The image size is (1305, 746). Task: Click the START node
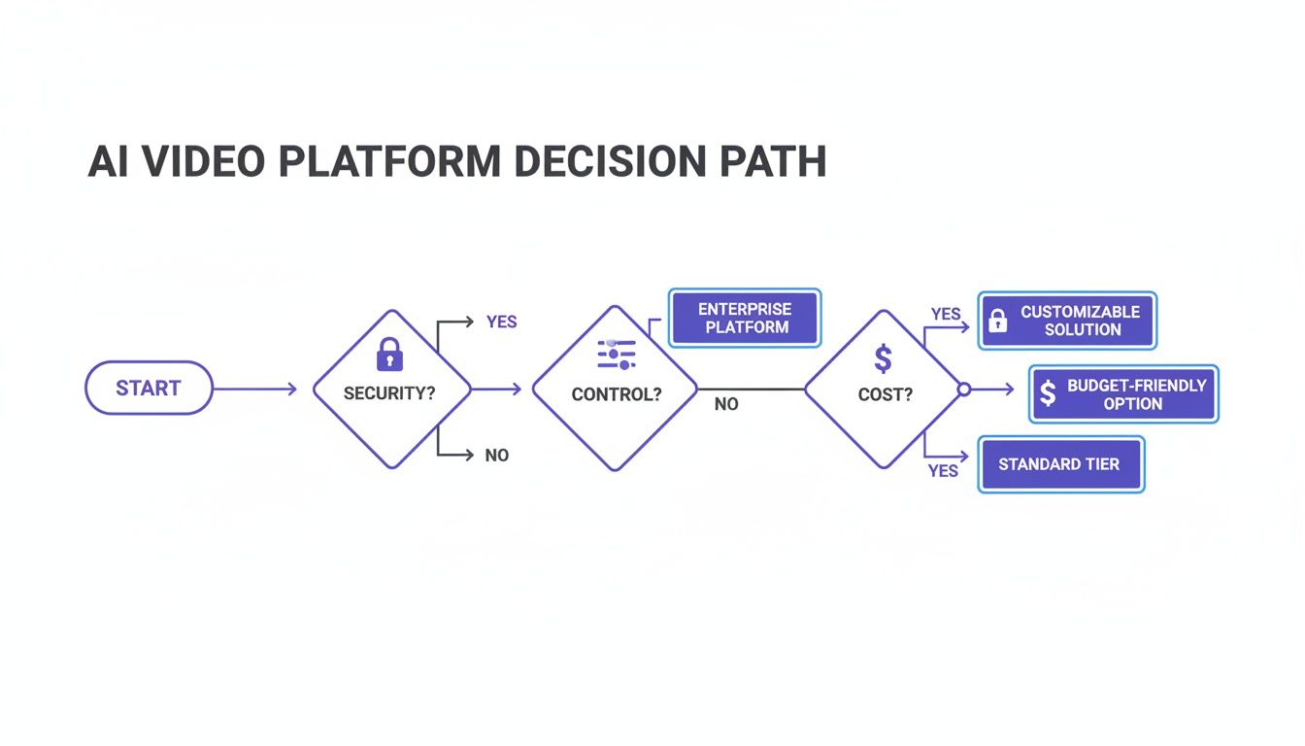click(x=149, y=389)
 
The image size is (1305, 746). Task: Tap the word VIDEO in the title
click(x=204, y=163)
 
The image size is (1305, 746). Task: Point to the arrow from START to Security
click(x=254, y=390)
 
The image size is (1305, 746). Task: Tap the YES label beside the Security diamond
click(x=501, y=322)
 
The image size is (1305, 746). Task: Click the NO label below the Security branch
click(x=496, y=455)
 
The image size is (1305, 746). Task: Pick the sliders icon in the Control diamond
click(x=616, y=356)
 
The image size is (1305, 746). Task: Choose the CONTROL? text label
click(x=617, y=395)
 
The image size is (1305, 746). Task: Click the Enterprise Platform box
click(x=745, y=319)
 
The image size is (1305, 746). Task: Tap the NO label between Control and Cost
click(x=726, y=404)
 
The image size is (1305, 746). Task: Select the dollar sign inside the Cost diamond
click(x=883, y=358)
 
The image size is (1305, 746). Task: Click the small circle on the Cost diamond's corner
click(x=964, y=390)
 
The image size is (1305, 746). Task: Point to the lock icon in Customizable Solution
click(x=996, y=322)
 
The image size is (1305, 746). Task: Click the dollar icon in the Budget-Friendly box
click(x=1048, y=393)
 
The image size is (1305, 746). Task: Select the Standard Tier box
click(x=1059, y=464)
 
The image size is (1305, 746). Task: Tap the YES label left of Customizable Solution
click(x=946, y=315)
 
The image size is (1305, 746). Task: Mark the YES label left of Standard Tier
click(x=943, y=471)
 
